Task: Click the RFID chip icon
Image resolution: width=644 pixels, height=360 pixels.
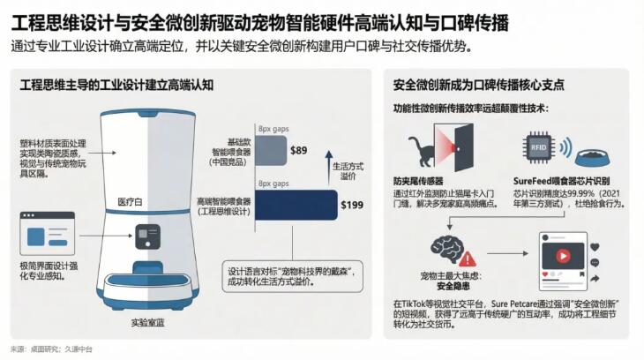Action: coord(536,146)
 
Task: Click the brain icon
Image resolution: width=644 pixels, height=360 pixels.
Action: coord(448,246)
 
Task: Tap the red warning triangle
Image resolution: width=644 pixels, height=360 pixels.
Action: coord(468,259)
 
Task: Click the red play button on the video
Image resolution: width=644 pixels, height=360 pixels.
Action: coord(563,261)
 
